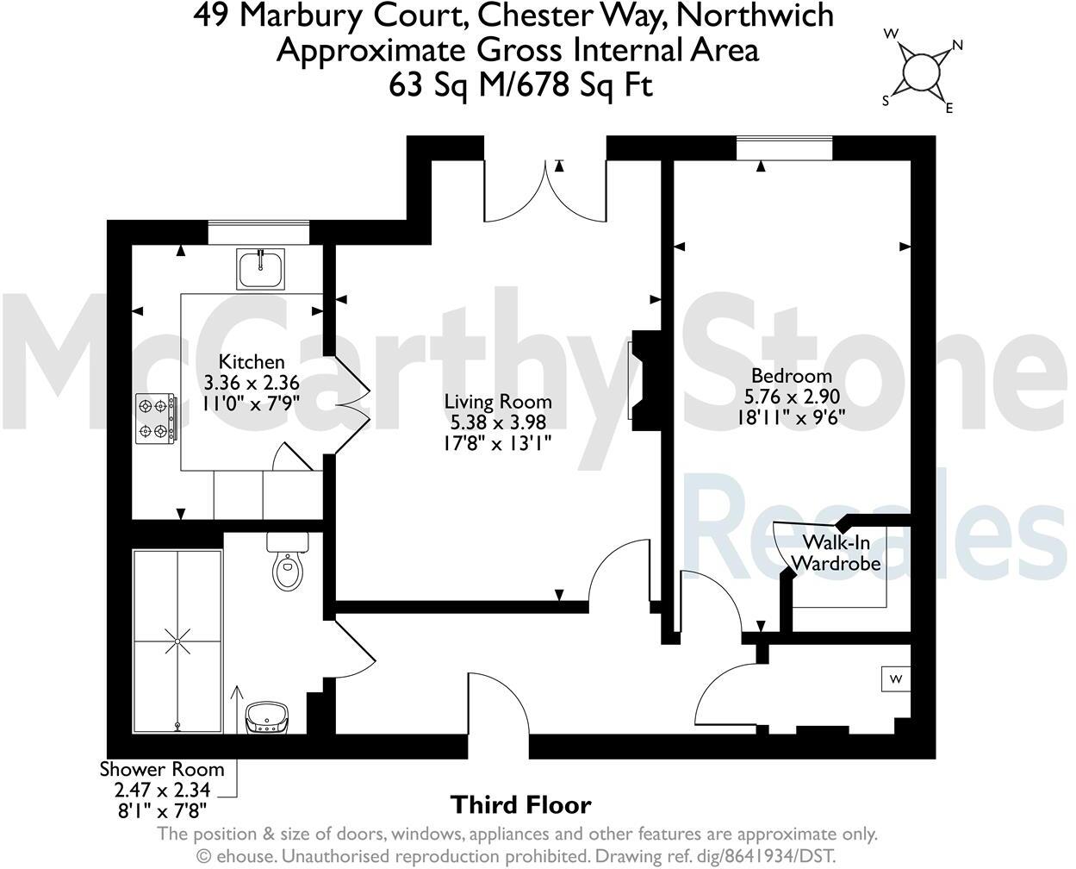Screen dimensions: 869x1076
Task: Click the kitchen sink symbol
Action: (x=260, y=268)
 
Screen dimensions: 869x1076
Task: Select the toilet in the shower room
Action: (x=288, y=562)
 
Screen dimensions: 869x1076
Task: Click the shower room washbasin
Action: (x=267, y=717)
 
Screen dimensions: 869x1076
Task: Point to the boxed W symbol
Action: (x=896, y=679)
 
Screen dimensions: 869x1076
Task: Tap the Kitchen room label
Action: (x=251, y=362)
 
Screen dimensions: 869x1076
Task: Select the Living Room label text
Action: (x=498, y=402)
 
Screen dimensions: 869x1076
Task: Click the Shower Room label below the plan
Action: (x=162, y=769)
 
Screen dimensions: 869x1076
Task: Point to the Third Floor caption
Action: (x=521, y=805)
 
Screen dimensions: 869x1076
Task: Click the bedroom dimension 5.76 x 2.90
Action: (x=791, y=396)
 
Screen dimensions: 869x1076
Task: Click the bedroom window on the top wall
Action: (x=784, y=148)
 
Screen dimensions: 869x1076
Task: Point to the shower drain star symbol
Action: (x=178, y=641)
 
